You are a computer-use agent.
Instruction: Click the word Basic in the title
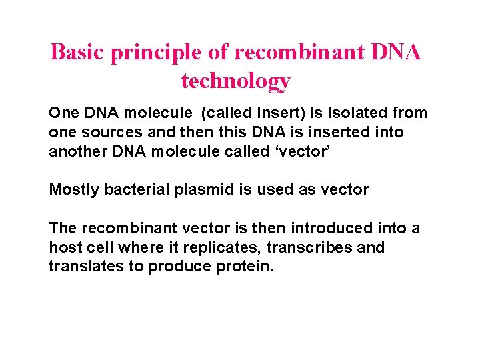coord(78,52)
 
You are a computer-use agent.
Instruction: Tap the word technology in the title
coord(236,81)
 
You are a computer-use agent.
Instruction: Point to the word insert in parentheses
coord(260,113)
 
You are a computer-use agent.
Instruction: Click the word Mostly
coord(74,189)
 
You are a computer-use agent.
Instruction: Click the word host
coord(63,247)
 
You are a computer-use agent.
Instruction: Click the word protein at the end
coord(245,266)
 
